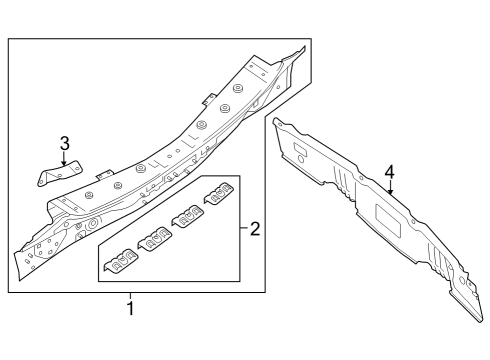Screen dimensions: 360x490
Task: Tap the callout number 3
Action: point(64,143)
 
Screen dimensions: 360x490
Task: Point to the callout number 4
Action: point(390,171)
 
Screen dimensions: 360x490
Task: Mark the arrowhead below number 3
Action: point(64,163)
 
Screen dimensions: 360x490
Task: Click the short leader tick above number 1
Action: point(129,296)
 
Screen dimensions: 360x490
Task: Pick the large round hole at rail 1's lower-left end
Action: point(91,225)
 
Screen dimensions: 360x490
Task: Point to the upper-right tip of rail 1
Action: point(300,48)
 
